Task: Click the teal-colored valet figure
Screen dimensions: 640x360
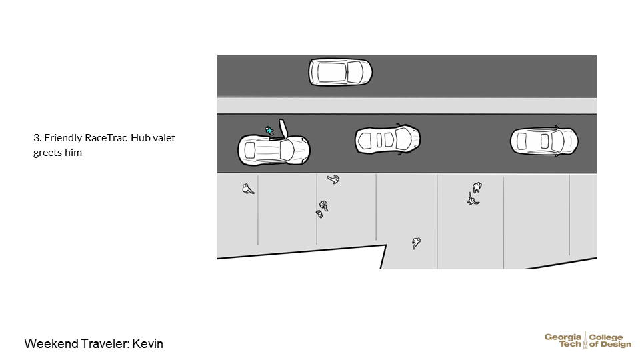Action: click(269, 131)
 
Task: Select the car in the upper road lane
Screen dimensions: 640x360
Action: click(340, 72)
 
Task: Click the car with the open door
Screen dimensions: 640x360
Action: click(273, 150)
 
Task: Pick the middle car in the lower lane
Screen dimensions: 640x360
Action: click(387, 139)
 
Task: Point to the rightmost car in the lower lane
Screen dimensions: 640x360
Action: click(543, 141)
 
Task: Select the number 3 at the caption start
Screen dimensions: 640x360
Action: click(36, 138)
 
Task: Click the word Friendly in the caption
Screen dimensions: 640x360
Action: click(63, 138)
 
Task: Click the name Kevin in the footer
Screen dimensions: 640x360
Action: click(147, 344)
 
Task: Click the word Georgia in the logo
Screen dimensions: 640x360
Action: click(563, 337)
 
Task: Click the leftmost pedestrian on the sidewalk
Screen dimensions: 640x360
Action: click(248, 189)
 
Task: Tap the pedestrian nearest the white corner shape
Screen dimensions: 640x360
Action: click(416, 243)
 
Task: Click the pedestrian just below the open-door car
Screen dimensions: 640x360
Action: click(333, 179)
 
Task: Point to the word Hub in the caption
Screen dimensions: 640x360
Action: click(140, 138)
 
